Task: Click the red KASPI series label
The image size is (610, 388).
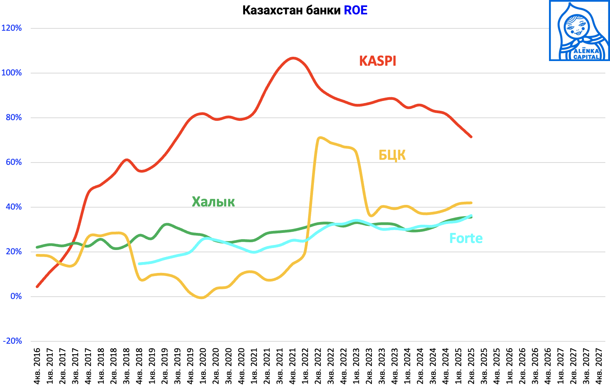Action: pyautogui.click(x=378, y=61)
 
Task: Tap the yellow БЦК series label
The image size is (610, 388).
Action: pyautogui.click(x=392, y=155)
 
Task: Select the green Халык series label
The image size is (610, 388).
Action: pyautogui.click(x=213, y=202)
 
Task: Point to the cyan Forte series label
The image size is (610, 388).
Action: pyautogui.click(x=465, y=238)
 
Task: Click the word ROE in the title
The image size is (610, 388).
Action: pyautogui.click(x=356, y=10)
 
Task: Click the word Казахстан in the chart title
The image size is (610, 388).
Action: pyautogui.click(x=272, y=10)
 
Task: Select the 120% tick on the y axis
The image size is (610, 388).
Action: pyautogui.click(x=12, y=28)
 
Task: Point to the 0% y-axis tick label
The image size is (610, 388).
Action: pyautogui.click(x=16, y=296)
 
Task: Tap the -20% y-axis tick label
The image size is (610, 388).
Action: pyautogui.click(x=12, y=341)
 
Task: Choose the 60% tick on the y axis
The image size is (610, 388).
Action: pyautogui.click(x=14, y=162)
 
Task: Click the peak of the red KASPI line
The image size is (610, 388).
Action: pyautogui.click(x=293, y=58)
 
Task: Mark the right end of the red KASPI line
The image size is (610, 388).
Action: pyautogui.click(x=471, y=136)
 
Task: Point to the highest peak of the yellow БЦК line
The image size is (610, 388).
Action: pyautogui.click(x=319, y=138)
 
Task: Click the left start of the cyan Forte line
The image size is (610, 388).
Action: pyautogui.click(x=139, y=264)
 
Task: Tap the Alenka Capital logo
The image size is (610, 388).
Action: pyautogui.click(x=579, y=31)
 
